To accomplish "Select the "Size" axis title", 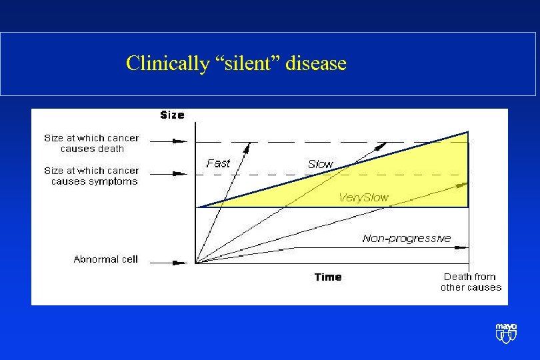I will click(x=172, y=115).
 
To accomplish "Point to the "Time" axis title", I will click(x=328, y=277).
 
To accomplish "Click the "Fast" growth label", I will click(x=218, y=163).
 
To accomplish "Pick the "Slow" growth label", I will click(x=321, y=164).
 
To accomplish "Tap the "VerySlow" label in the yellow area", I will click(x=363, y=197).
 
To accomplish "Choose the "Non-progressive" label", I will click(x=407, y=238).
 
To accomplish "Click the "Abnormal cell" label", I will click(x=105, y=259).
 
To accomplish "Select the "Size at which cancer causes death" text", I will click(x=92, y=143).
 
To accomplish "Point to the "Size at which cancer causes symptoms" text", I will click(x=92, y=176).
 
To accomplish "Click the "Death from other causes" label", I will click(x=470, y=282).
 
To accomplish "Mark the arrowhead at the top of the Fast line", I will click(x=249, y=145).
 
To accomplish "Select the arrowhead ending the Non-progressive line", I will click(x=464, y=247).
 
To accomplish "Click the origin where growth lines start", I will click(x=195, y=263).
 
